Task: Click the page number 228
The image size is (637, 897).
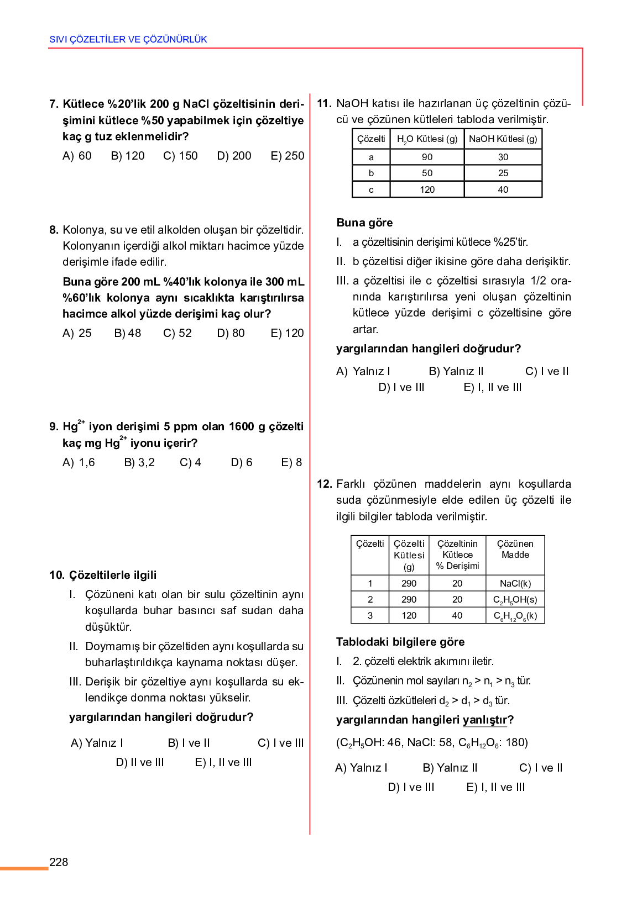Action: pyautogui.click(x=59, y=862)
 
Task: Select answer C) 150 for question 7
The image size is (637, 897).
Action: pyautogui.click(x=180, y=156)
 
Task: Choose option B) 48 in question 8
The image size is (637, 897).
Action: pyautogui.click(x=128, y=333)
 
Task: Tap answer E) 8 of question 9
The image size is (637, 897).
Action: pyautogui.click(x=291, y=462)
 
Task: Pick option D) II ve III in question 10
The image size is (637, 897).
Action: pyautogui.click(x=140, y=762)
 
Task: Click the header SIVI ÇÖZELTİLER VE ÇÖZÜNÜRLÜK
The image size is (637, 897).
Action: pyautogui.click(x=128, y=39)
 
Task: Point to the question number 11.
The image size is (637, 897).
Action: pyautogui.click(x=324, y=103)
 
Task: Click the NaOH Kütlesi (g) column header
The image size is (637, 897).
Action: pyautogui.click(x=503, y=139)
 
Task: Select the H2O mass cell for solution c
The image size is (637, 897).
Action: pyautogui.click(x=427, y=189)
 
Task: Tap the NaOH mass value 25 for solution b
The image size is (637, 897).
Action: pyautogui.click(x=503, y=173)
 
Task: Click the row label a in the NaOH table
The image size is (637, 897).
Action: pyautogui.click(x=371, y=157)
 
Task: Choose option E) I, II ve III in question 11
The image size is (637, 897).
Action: pyautogui.click(x=493, y=387)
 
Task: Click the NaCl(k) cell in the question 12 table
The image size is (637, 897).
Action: pyautogui.click(x=515, y=583)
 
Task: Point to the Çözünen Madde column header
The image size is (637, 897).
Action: pyautogui.click(x=515, y=549)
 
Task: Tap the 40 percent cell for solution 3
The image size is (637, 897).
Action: pyautogui.click(x=457, y=615)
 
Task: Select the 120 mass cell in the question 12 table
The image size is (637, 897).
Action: pyautogui.click(x=409, y=615)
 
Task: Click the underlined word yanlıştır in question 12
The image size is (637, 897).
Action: pyautogui.click(x=484, y=720)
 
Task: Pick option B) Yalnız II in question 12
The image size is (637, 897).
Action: pyautogui.click(x=450, y=768)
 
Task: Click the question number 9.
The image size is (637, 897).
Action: pyautogui.click(x=54, y=426)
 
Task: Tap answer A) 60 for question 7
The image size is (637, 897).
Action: pyautogui.click(x=77, y=156)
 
